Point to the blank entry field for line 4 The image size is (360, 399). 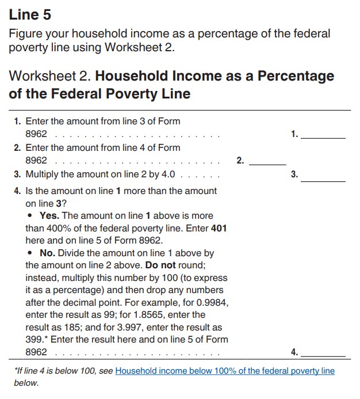[323, 353]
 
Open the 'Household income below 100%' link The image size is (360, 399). [225, 371]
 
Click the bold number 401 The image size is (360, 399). [219, 229]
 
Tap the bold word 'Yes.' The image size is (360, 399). [50, 216]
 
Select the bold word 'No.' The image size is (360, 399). [49, 253]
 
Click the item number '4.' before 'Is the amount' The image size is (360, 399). [18, 191]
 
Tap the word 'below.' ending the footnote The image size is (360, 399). [26, 383]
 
